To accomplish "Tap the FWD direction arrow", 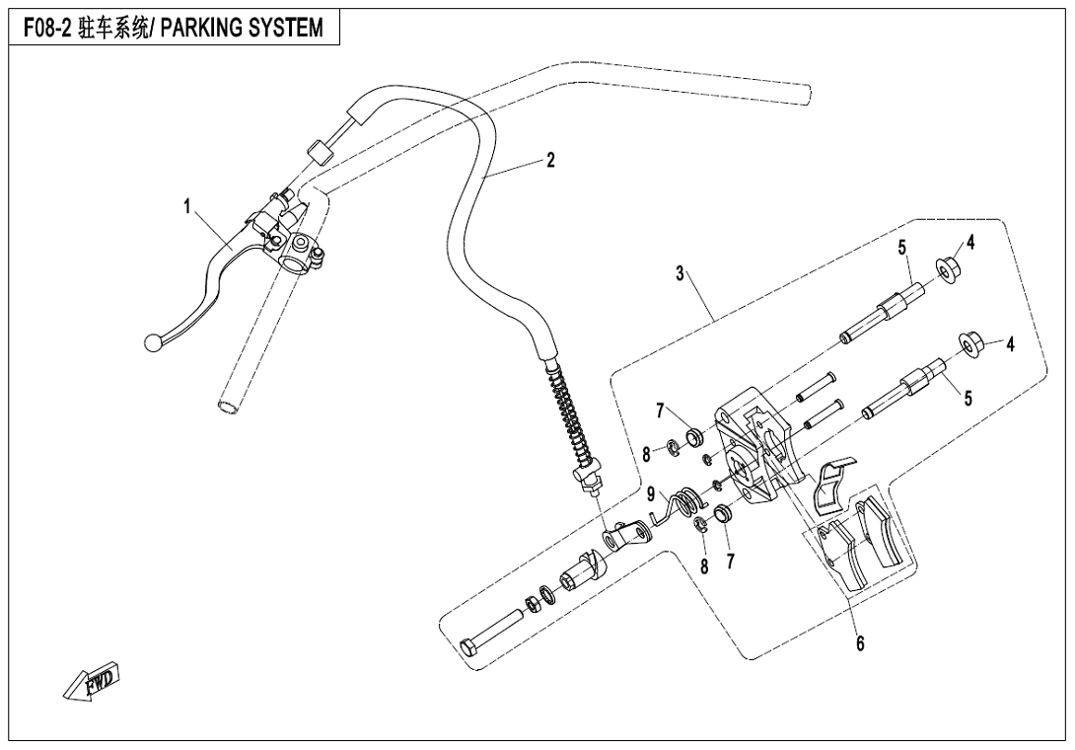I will click(x=91, y=680).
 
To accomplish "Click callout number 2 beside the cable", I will click(x=550, y=161).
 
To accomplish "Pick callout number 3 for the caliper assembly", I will click(x=681, y=274).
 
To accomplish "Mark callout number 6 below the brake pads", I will click(x=859, y=643).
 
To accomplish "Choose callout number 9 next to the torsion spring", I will click(x=651, y=493).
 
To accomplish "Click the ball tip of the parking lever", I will click(x=152, y=342).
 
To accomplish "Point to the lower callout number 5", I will click(x=967, y=399).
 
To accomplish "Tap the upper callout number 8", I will click(x=646, y=455).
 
